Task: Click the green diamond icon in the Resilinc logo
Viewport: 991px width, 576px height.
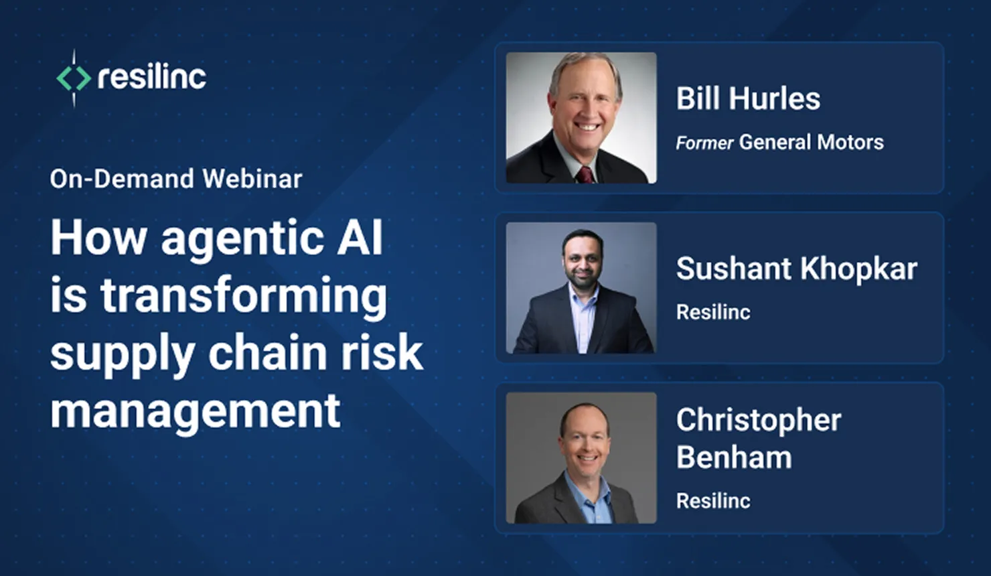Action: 73,78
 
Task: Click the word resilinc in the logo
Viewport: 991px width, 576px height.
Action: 152,77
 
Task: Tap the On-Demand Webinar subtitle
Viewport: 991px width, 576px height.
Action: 176,179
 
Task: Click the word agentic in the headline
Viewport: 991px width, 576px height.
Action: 242,238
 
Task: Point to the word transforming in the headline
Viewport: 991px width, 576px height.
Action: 244,296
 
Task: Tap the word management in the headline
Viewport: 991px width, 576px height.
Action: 196,411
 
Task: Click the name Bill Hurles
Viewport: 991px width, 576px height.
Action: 747,98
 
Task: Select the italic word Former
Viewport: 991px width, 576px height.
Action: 704,143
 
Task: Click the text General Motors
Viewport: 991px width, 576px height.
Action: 811,142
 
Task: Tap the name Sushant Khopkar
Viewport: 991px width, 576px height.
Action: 796,269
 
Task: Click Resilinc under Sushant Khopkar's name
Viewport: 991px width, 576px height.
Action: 713,312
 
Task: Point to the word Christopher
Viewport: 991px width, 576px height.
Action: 758,421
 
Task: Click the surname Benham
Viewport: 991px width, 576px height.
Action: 733,457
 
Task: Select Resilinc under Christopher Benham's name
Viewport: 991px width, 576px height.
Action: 713,501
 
